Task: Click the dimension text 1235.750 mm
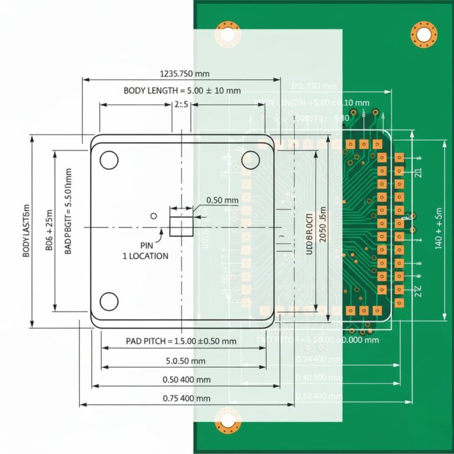click(184, 74)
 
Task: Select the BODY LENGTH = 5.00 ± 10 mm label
click(182, 90)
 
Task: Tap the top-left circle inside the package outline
click(109, 160)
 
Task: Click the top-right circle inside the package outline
click(251, 159)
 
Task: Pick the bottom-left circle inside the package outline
click(109, 301)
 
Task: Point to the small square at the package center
click(181, 226)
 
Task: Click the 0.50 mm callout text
click(222, 200)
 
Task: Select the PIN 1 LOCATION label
click(145, 251)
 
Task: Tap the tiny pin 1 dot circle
click(154, 216)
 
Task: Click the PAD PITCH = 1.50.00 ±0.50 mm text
click(181, 341)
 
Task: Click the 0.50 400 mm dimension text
click(186, 380)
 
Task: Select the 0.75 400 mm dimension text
click(186, 398)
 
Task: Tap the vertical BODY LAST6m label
click(27, 231)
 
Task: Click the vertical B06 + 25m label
click(50, 231)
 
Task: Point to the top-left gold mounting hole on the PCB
click(228, 34)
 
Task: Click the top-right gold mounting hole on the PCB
click(424, 34)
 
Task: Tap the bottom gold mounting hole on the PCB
click(228, 420)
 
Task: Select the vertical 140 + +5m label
click(439, 228)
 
